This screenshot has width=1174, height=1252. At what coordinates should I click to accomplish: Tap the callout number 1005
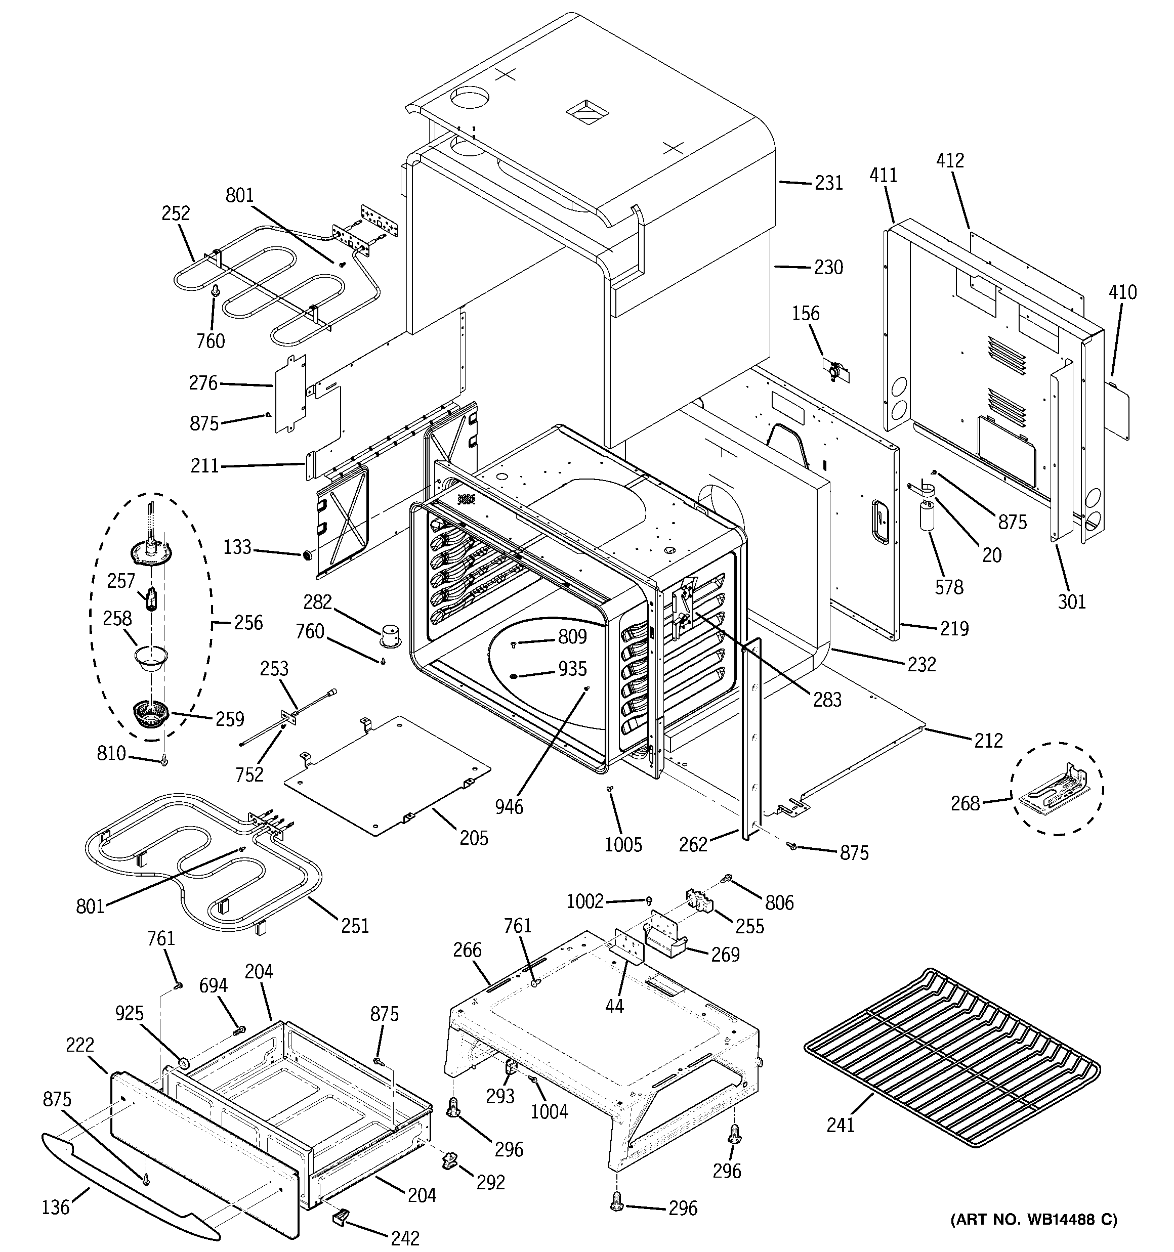[x=623, y=845]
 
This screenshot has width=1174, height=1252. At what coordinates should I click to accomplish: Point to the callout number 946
[x=509, y=806]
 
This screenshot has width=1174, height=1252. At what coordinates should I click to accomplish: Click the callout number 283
[x=827, y=699]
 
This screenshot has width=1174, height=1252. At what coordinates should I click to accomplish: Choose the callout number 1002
[x=585, y=902]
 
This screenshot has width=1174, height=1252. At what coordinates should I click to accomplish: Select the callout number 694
[x=214, y=985]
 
